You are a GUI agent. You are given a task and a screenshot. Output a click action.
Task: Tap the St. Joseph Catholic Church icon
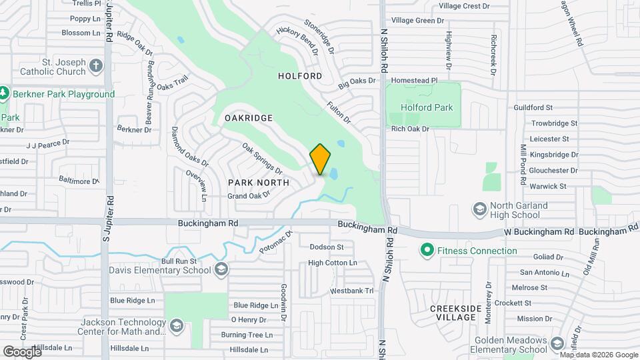point(96,65)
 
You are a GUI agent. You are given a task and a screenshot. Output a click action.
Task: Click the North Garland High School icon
point(479,210)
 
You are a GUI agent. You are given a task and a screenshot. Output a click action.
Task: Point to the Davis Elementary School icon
point(221,270)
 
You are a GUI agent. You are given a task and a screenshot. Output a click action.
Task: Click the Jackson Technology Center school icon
point(177,326)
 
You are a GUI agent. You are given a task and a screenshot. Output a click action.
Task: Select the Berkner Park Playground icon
point(4,94)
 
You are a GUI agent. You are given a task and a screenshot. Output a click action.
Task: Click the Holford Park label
point(427,107)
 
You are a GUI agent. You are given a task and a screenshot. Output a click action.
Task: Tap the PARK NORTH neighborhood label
point(259,182)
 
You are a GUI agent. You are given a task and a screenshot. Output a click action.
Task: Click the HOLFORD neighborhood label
point(300,76)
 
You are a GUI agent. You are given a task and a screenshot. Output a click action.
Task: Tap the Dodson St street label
point(326,247)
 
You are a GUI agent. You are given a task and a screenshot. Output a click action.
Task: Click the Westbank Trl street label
point(352,291)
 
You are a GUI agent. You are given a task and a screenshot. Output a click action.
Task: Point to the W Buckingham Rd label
point(539,231)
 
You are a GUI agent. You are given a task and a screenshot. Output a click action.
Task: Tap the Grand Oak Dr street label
point(248,195)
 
